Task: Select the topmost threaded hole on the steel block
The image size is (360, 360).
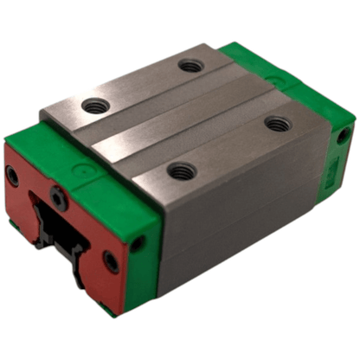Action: point(190,65)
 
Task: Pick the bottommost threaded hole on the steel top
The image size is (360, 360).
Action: point(179,172)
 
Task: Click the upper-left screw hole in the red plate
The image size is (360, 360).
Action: point(12,176)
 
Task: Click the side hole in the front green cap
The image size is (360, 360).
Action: point(139,245)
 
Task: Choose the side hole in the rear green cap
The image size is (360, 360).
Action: point(344,136)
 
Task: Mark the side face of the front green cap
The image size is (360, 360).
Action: point(144,260)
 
